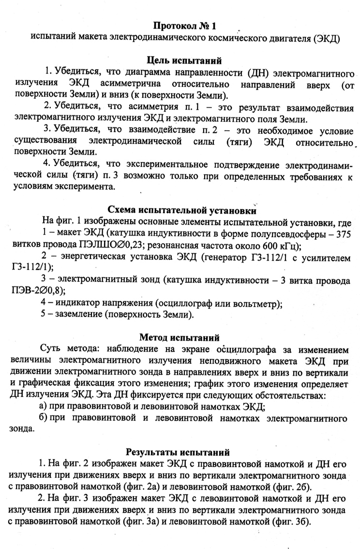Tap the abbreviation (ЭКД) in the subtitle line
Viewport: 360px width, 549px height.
point(325,37)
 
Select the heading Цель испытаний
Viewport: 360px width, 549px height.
point(184,61)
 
